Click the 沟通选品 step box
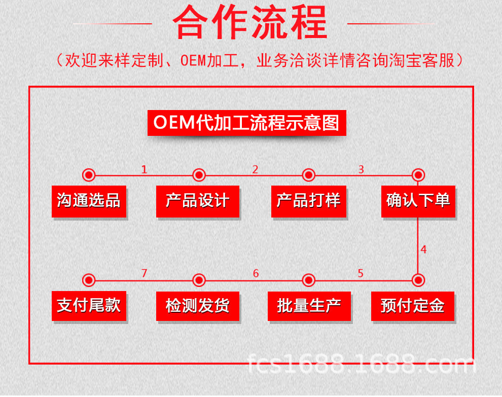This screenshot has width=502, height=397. pos(89,201)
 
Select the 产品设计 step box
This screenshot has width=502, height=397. pos(198,201)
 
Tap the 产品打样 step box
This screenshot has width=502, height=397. pos(308,201)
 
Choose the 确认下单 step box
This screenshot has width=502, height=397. pos(418,201)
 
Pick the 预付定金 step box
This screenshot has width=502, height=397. pos(413,306)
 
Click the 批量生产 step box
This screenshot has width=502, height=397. pos(309,306)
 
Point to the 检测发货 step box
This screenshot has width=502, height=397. pos(198,306)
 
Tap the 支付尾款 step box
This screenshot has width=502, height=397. pos(89,305)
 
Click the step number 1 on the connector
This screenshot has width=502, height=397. pos(145,170)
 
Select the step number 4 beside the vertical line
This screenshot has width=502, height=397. pos(423,250)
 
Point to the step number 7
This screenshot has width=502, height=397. pos(145,274)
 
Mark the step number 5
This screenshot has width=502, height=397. pos(361,274)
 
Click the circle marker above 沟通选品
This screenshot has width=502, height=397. pos(89,175)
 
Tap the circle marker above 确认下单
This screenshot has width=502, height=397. pos(418,175)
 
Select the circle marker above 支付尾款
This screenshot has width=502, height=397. pos(89,280)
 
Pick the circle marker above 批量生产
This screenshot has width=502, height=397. pos(309,280)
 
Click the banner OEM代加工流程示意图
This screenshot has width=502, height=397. pos(246,123)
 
